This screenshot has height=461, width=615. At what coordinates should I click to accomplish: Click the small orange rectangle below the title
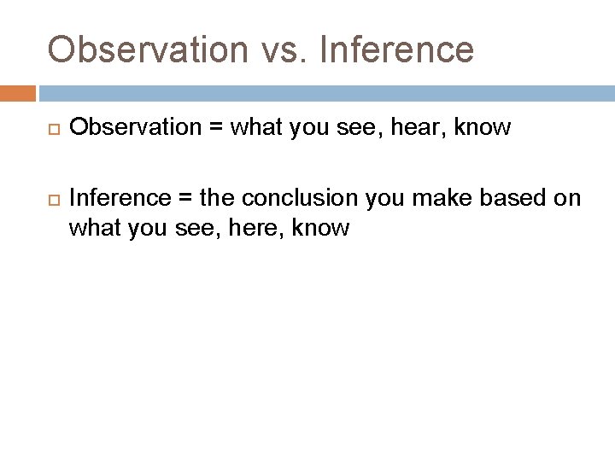click(18, 93)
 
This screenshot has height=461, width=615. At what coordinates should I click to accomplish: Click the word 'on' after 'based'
click(568, 199)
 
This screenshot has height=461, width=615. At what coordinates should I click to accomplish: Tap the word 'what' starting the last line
click(94, 228)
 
